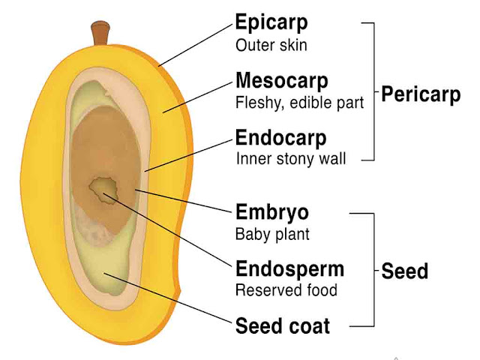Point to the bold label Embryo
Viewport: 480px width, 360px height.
(271, 211)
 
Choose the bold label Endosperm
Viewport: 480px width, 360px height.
(289, 268)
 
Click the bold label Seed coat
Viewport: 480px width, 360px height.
(282, 326)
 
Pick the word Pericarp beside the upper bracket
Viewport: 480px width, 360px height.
(421, 95)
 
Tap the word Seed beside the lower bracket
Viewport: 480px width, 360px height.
(404, 271)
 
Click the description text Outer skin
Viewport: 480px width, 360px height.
(271, 44)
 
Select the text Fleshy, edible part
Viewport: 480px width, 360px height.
(299, 103)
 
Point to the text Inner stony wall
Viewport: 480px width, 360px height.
(290, 160)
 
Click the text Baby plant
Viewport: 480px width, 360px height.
(272, 234)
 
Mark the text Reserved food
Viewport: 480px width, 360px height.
(286, 290)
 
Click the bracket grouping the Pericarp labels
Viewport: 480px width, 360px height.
(373, 90)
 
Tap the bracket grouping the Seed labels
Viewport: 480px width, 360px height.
(373, 270)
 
